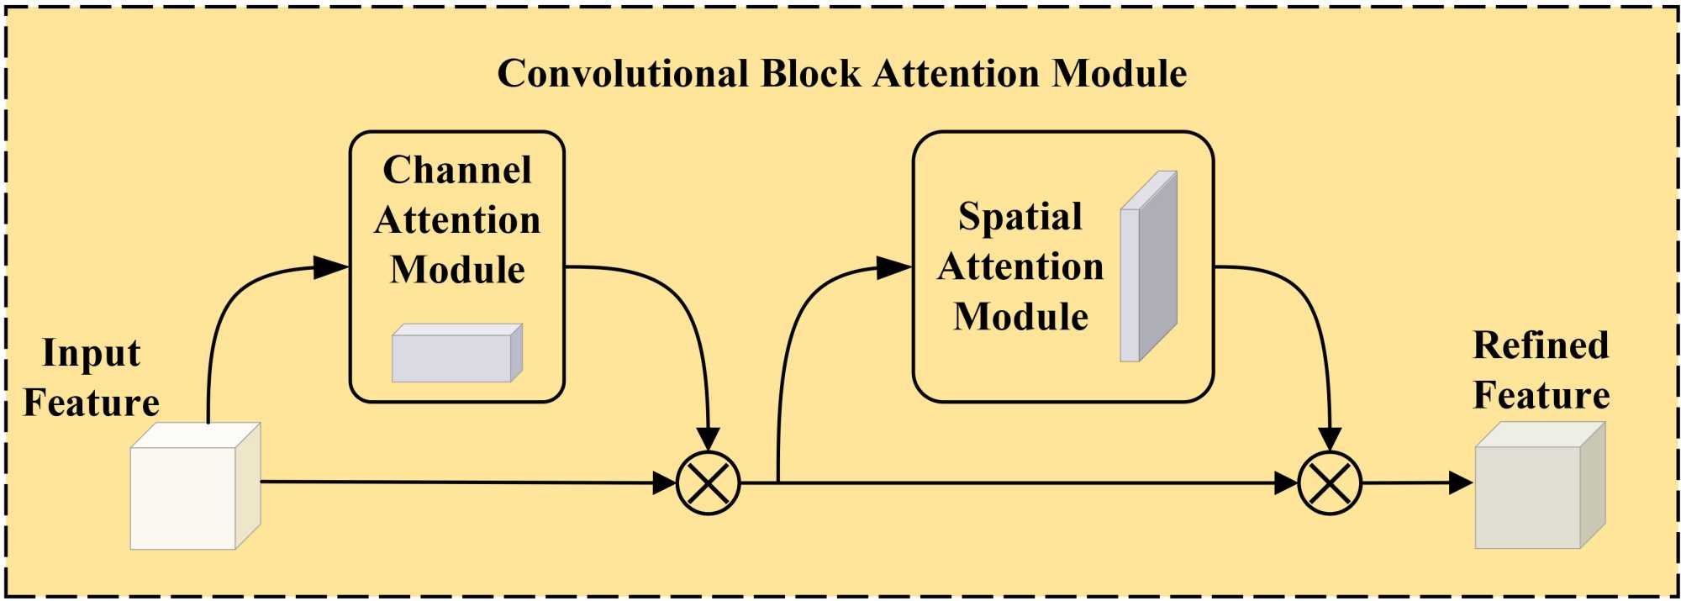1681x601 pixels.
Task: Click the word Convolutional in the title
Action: tap(622, 74)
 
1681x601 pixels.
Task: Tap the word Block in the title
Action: tap(811, 74)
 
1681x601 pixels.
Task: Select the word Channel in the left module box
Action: tap(457, 170)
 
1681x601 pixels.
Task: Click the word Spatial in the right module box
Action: tap(1020, 217)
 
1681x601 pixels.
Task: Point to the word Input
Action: tap(91, 354)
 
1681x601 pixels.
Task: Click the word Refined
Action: tap(1541, 345)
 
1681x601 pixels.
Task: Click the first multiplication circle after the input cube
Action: tap(709, 482)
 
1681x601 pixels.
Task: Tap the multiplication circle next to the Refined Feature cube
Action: tap(1330, 482)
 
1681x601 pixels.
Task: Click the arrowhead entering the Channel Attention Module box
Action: tap(331, 267)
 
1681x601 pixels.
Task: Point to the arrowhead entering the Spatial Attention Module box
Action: tap(894, 268)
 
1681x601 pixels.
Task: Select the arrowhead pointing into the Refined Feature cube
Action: tap(1461, 482)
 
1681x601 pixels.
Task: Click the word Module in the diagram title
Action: tap(1120, 74)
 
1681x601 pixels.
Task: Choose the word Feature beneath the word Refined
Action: tap(1541, 395)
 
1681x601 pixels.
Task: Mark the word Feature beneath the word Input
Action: tap(91, 403)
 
